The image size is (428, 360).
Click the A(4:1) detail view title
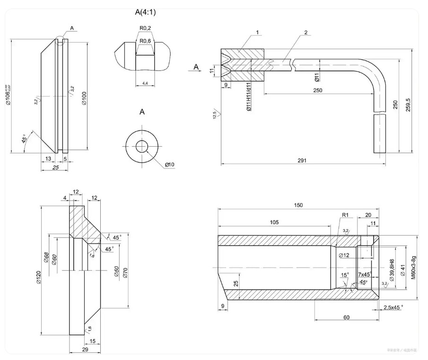[145, 12]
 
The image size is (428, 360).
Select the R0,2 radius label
[145, 28]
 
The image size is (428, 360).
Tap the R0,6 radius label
[145, 41]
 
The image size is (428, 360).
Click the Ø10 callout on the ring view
[170, 165]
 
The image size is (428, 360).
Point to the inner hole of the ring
[142, 146]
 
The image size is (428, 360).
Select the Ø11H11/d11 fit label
[249, 97]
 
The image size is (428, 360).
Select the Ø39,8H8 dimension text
[391, 268]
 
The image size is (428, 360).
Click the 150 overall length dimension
[298, 205]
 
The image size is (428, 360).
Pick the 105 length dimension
[274, 222]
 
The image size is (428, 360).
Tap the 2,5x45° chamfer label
[393, 307]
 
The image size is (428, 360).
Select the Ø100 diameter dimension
[84, 98]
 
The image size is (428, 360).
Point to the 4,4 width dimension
[145, 83]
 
